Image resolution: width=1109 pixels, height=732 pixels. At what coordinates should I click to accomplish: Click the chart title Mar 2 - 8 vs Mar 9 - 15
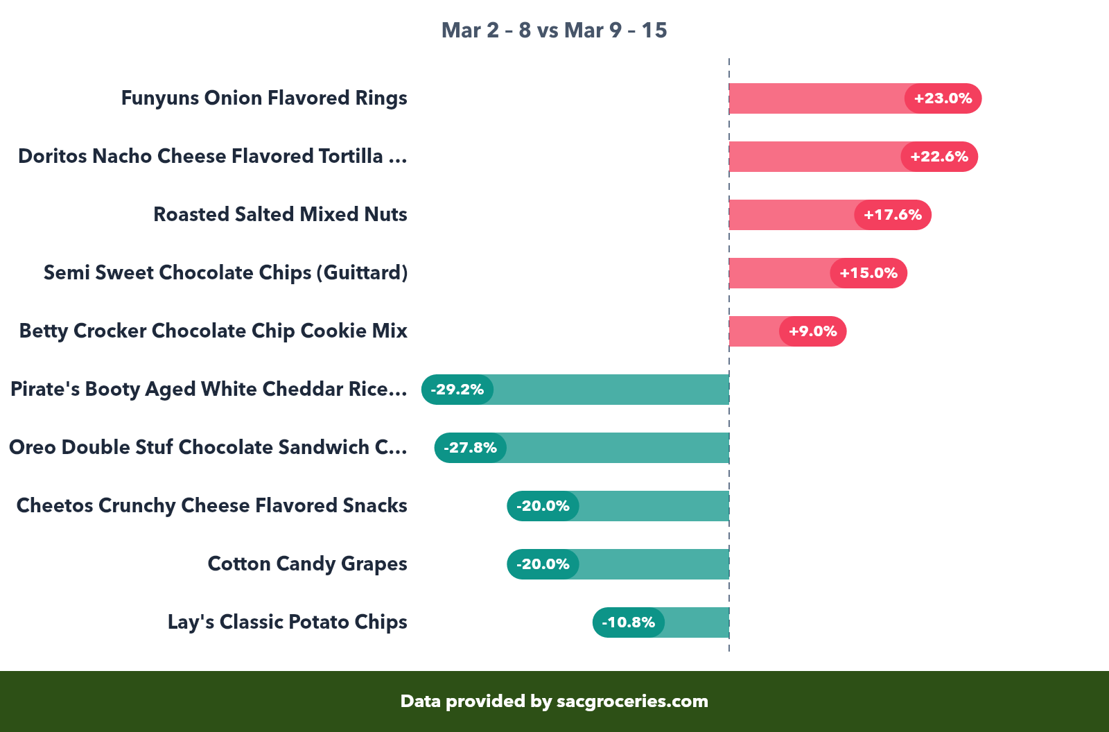(x=554, y=31)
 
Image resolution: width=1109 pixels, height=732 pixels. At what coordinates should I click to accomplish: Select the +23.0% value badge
(x=943, y=98)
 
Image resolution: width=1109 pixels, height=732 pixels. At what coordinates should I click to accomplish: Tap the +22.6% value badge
(x=939, y=157)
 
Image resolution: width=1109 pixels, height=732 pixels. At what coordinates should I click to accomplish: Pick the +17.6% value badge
(x=893, y=215)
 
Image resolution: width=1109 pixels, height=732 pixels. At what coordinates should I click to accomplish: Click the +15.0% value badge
(x=868, y=273)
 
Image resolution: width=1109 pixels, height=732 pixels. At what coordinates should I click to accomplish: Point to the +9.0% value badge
(x=812, y=331)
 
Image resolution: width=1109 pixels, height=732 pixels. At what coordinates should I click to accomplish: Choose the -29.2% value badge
(x=457, y=390)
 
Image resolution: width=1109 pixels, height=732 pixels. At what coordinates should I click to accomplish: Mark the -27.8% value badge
(x=471, y=448)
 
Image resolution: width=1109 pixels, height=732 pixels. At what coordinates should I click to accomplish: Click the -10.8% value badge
(x=628, y=622)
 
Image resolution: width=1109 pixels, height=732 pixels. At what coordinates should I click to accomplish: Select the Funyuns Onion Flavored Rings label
(x=264, y=98)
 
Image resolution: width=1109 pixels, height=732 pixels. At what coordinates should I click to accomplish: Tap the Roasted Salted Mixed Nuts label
(x=280, y=215)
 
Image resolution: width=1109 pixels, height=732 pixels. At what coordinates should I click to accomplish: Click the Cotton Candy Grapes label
(x=307, y=564)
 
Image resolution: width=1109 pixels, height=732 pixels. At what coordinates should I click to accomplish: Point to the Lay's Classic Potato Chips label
(x=287, y=622)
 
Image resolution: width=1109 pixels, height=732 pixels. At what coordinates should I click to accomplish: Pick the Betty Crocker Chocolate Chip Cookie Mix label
(x=213, y=331)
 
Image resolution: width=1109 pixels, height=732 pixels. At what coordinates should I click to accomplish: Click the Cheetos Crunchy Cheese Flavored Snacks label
(x=211, y=506)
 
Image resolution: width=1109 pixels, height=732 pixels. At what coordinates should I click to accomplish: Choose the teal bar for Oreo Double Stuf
(x=617, y=448)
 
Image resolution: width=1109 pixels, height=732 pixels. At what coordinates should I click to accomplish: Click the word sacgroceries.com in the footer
(x=632, y=701)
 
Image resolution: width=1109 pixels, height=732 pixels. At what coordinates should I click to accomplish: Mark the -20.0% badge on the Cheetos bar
(x=543, y=506)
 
